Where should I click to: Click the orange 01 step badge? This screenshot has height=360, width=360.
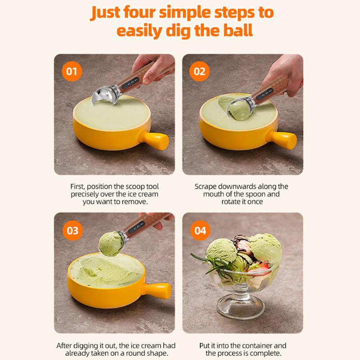pos(72,71)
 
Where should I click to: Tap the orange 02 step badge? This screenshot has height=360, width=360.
pos(199,71)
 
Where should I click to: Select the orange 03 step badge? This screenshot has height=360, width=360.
pos(72,230)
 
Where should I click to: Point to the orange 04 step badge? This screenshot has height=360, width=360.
pos(200,230)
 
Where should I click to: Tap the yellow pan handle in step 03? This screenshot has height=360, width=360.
pos(157,291)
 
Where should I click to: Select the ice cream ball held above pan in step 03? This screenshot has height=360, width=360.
pos(111,244)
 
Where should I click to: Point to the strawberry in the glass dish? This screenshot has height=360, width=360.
pos(261,267)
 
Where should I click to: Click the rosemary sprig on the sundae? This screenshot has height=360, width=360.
pos(210,264)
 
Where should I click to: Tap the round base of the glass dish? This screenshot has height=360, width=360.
pos(240,308)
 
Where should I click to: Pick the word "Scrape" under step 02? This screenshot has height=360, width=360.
pos(206,187)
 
